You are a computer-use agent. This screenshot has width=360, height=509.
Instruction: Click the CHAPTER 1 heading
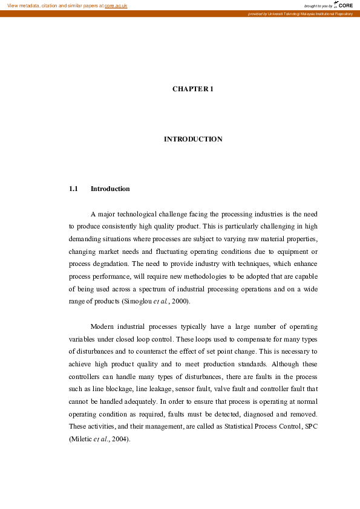coord(193,89)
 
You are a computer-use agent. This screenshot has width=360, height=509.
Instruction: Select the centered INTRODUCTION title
coord(193,139)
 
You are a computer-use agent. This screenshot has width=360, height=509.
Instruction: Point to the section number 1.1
coord(74,189)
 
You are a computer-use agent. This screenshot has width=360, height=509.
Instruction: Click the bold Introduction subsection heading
coord(110,189)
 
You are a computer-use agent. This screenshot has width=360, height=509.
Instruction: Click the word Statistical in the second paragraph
coord(240,427)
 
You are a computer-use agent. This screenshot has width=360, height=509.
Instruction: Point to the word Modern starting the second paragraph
coord(103,326)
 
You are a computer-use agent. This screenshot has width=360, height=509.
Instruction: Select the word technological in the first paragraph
coord(140,214)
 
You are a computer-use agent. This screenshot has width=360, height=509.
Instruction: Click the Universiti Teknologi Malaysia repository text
coord(305,13)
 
